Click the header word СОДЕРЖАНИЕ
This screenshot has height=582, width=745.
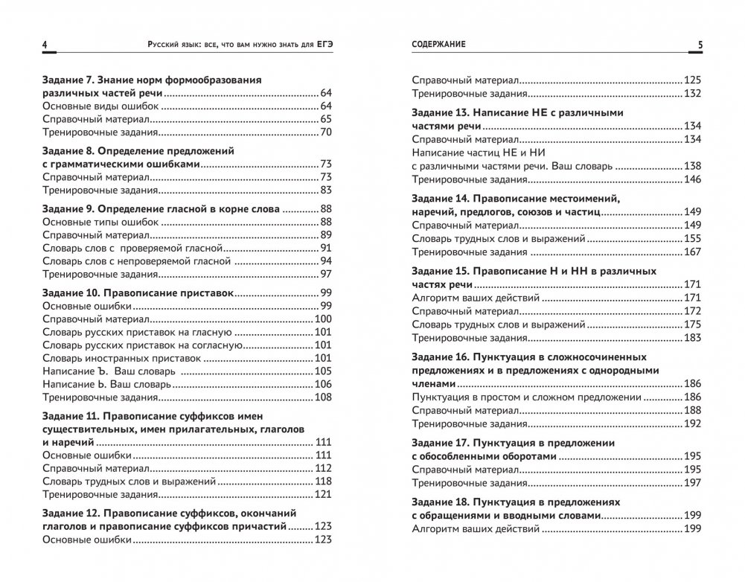click(x=438, y=45)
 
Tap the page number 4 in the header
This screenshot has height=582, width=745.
click(x=45, y=46)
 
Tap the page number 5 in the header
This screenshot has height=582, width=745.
click(x=700, y=46)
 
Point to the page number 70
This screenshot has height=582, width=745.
click(x=325, y=132)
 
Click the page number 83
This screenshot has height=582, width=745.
click(x=325, y=190)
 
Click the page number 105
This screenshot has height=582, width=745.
click(x=322, y=371)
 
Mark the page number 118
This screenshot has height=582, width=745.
click(x=322, y=482)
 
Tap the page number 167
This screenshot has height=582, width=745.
click(x=692, y=252)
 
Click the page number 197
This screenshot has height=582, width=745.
click(x=692, y=482)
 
